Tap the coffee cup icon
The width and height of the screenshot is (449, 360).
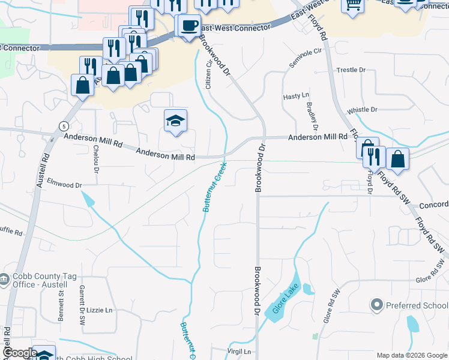tap(190, 26)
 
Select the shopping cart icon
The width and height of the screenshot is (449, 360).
tap(353, 5)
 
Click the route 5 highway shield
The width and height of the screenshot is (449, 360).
tap(63, 125)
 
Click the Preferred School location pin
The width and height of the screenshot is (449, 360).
tap(376, 305)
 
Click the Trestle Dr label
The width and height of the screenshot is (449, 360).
tap(351, 70)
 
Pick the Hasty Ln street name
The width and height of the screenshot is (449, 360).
tap(295, 96)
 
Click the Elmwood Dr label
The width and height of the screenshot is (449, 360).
tap(64, 185)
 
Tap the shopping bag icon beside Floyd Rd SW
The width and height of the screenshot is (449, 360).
tap(397, 159)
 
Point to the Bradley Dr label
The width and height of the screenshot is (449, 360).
tap(312, 115)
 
